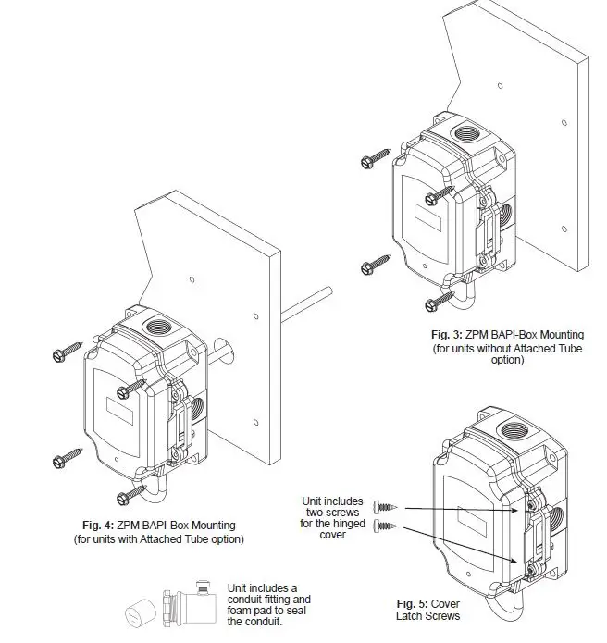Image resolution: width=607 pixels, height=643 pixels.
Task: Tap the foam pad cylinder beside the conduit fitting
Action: pyautogui.click(x=142, y=612)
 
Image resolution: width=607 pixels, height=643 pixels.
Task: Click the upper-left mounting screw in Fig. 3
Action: pyautogui.click(x=371, y=161)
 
